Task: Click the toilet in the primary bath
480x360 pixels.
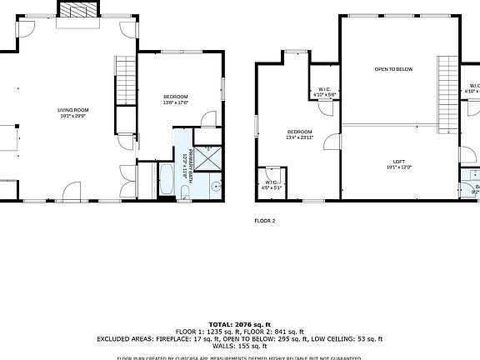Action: tap(185, 194)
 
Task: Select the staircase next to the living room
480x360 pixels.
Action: tap(126, 79)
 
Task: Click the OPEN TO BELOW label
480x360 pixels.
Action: tap(393, 69)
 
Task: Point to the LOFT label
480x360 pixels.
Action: tap(399, 164)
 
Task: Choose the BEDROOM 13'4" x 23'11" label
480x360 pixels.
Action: tap(300, 136)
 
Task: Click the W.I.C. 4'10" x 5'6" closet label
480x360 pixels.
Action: tap(323, 92)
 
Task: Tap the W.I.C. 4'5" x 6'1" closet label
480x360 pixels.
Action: tap(272, 185)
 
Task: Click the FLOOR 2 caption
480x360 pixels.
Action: tap(264, 221)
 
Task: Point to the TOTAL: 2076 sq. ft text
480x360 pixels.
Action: tap(239, 323)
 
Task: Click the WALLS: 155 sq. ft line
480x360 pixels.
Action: tap(239, 346)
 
